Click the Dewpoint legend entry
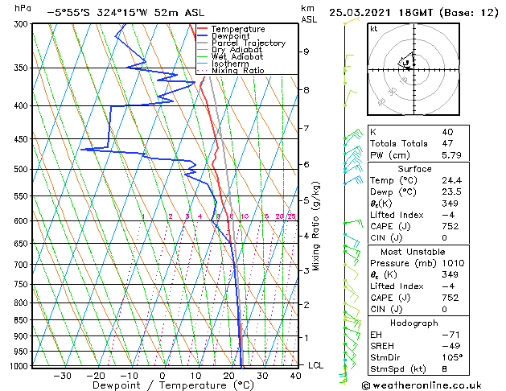(229, 36)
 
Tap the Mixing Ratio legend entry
(237, 71)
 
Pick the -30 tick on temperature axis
(61, 376)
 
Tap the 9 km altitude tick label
(306, 51)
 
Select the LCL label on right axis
(317, 365)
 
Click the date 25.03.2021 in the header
(358, 13)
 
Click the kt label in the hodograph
(374, 29)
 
